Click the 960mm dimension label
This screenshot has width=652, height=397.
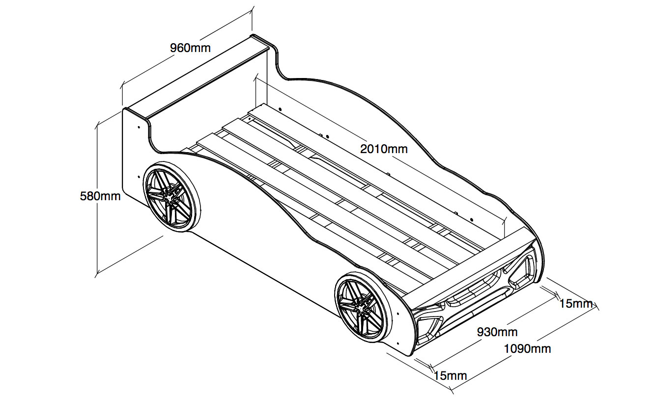pyautogui.click(x=190, y=48)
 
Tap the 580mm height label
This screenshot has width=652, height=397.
pyautogui.click(x=100, y=196)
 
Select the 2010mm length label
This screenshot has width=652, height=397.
pyautogui.click(x=384, y=149)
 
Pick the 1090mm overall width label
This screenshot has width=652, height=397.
pyautogui.click(x=527, y=349)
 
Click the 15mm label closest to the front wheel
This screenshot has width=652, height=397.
pyautogui.click(x=450, y=376)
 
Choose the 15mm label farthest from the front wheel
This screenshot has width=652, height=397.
pyautogui.click(x=576, y=304)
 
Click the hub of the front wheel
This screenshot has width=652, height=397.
pyautogui.click(x=360, y=307)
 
